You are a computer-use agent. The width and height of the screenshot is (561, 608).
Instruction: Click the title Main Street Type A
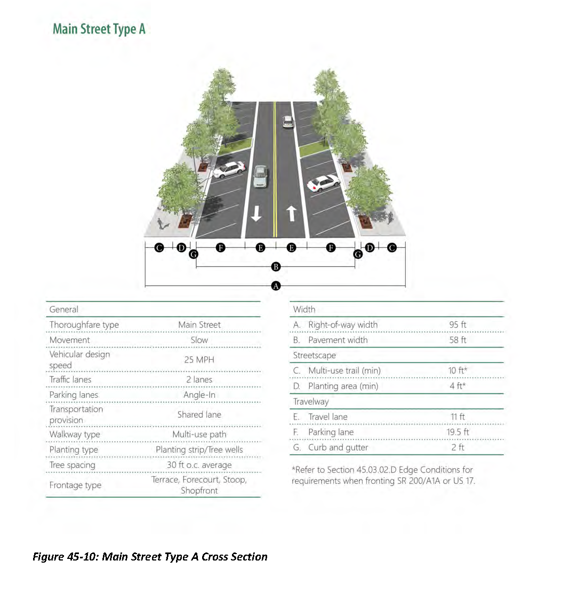tap(99, 29)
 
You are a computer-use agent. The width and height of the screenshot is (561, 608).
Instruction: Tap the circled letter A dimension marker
tap(276, 286)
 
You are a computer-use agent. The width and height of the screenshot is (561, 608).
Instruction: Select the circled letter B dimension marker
tap(276, 266)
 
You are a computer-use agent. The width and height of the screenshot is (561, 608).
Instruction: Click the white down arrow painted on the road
tap(257, 214)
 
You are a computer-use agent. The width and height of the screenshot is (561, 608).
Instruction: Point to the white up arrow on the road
tap(292, 214)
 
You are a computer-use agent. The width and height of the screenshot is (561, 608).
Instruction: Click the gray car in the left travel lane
tap(260, 176)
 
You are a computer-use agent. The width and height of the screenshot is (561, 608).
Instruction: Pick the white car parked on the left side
tap(229, 170)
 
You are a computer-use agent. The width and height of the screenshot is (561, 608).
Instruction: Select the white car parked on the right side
tap(323, 183)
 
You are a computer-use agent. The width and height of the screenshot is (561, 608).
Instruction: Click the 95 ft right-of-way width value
tap(458, 325)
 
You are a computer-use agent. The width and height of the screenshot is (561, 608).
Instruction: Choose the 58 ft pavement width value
tap(458, 340)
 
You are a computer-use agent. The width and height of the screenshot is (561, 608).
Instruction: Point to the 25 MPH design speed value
tap(199, 360)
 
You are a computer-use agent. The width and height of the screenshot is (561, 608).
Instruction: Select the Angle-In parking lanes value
tap(199, 395)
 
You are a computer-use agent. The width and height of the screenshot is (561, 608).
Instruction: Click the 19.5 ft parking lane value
tap(458, 432)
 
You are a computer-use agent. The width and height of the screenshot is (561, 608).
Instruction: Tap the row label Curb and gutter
tap(338, 447)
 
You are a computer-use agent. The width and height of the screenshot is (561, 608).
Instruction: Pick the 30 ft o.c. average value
tap(199, 465)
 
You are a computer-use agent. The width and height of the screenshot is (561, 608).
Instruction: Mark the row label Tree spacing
tap(72, 465)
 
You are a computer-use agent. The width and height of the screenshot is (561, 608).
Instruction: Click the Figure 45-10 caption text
tap(150, 557)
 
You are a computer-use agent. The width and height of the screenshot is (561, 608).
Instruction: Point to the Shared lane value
tap(199, 415)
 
